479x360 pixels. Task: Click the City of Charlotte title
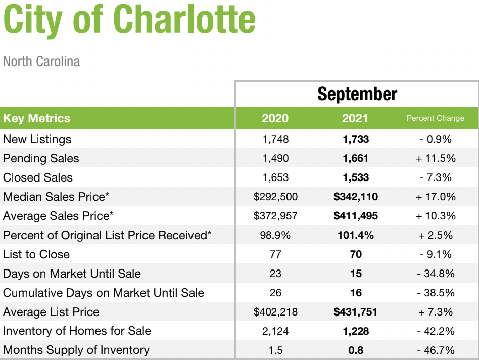(x=129, y=20)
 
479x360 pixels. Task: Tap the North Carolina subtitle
(x=41, y=61)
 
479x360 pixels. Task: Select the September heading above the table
(x=357, y=94)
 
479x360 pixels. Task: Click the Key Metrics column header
(x=37, y=118)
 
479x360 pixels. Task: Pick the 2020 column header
(x=275, y=118)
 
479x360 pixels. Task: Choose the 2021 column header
(x=355, y=118)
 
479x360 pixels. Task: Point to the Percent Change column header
(x=436, y=118)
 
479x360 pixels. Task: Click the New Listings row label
(x=37, y=139)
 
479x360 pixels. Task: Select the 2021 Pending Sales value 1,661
(x=356, y=158)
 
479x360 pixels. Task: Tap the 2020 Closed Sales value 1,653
(x=275, y=177)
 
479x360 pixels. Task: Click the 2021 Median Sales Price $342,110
(x=356, y=197)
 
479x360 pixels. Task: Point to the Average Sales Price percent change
(x=436, y=216)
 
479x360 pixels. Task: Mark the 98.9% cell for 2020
(x=275, y=235)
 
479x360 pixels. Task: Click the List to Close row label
(x=36, y=254)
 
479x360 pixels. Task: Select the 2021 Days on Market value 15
(x=356, y=274)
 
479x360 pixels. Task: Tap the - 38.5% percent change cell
(x=436, y=293)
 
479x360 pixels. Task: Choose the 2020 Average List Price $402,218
(x=275, y=312)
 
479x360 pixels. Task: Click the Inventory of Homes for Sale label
(x=77, y=331)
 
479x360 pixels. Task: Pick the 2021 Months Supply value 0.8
(x=356, y=350)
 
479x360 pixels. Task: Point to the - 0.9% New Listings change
(x=436, y=139)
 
